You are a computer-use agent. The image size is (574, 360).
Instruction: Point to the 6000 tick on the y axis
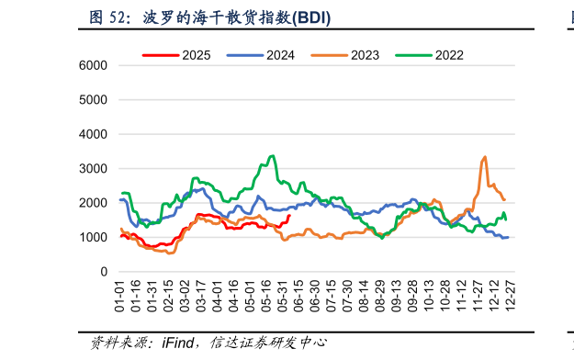[94, 66]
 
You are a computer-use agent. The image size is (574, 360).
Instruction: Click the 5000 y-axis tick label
[94, 100]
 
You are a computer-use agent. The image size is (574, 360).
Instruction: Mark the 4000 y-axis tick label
[94, 135]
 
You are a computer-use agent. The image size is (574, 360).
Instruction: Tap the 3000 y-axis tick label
[94, 169]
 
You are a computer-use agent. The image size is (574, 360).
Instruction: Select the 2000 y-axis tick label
[94, 204]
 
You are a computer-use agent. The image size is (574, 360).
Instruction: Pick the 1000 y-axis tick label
[94, 238]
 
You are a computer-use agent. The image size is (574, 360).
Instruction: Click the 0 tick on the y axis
[104, 273]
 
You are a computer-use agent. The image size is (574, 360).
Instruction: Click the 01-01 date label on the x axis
[120, 296]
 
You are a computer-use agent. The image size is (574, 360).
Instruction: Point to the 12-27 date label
[506, 296]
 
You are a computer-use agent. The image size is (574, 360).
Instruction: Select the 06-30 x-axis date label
[314, 296]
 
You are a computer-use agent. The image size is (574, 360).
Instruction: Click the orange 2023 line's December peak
[484, 157]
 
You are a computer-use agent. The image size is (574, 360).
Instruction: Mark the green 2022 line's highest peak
[272, 156]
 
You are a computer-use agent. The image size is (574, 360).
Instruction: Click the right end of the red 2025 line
[289, 217]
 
